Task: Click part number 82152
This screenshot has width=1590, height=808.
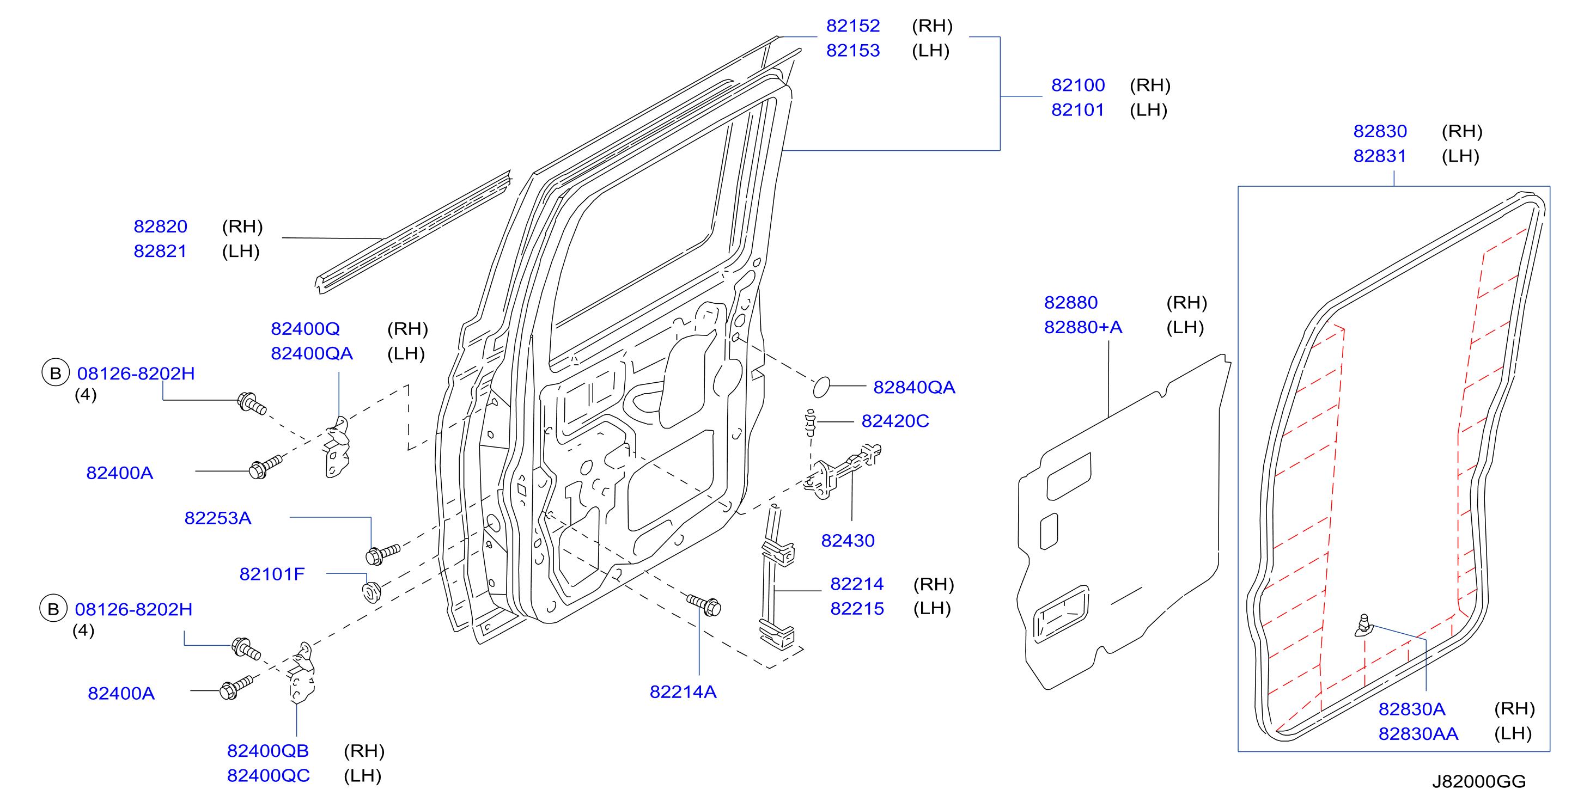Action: [x=852, y=26]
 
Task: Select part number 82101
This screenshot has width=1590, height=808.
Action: [x=1077, y=110]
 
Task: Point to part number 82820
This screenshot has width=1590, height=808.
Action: [x=161, y=227]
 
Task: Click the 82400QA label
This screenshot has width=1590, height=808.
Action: [x=312, y=353]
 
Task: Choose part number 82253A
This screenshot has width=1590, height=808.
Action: [x=218, y=518]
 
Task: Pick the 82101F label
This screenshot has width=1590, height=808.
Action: [x=272, y=574]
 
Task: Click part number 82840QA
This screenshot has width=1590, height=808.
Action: [x=914, y=387]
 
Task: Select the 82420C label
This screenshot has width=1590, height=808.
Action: [x=895, y=421]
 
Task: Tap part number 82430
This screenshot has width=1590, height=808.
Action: [x=848, y=541]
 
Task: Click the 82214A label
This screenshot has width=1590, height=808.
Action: [x=683, y=692]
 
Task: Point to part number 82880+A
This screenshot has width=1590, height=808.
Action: [x=1083, y=328]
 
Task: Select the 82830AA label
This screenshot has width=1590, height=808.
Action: [x=1418, y=734]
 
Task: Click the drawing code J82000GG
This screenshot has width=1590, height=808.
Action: [x=1479, y=781]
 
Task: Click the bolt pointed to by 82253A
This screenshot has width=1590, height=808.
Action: [x=383, y=554]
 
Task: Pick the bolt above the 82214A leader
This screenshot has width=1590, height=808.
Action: [x=704, y=604]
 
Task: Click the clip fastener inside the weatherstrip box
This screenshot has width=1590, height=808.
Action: [x=1363, y=626]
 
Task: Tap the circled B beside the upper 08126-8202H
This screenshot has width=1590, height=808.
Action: [x=56, y=373]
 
